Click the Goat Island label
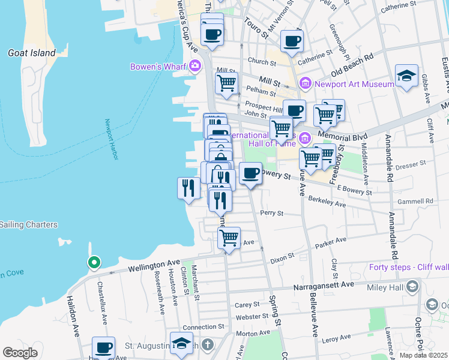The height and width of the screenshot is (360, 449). (x=31, y=53)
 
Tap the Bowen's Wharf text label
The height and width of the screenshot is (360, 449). (x=158, y=66)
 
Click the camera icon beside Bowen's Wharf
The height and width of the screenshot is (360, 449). (x=194, y=65)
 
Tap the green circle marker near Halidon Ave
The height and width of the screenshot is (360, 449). (x=94, y=262)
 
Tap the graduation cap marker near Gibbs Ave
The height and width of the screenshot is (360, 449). (x=406, y=76)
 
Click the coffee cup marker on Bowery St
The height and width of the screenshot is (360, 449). (x=250, y=174)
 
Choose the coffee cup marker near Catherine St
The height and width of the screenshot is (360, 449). (x=292, y=41)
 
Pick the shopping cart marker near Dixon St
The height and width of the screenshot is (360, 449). (x=228, y=238)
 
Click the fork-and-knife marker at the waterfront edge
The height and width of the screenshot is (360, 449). (x=188, y=188)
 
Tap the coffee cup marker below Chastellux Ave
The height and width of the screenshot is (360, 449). (x=103, y=347)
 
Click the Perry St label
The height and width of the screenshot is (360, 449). (x=271, y=213)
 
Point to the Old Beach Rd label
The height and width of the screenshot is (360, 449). (x=352, y=63)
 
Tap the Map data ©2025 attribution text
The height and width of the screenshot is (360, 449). (x=423, y=355)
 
